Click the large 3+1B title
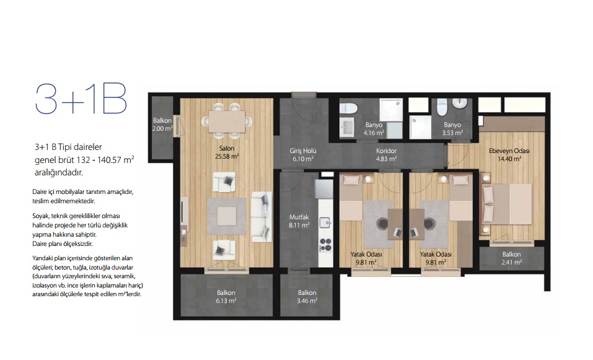81,99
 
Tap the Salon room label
227,148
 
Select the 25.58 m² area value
227,156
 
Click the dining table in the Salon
227,121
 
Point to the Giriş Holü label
303,151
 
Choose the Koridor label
386,151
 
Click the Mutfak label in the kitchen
299,217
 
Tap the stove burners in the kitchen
325,245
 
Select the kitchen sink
325,222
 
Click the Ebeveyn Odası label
509,151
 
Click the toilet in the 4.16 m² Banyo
348,108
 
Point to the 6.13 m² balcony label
226,297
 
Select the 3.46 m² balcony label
307,297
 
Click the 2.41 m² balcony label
512,258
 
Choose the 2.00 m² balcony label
162,125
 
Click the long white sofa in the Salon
261,216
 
